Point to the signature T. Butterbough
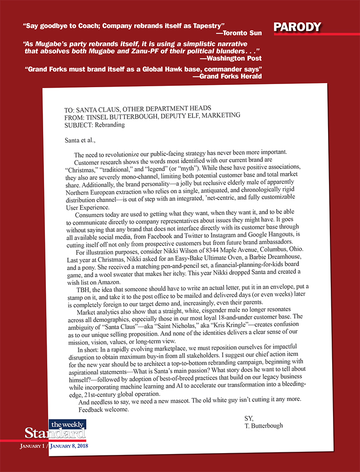pos(263,425)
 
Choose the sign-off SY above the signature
pos(249,418)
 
